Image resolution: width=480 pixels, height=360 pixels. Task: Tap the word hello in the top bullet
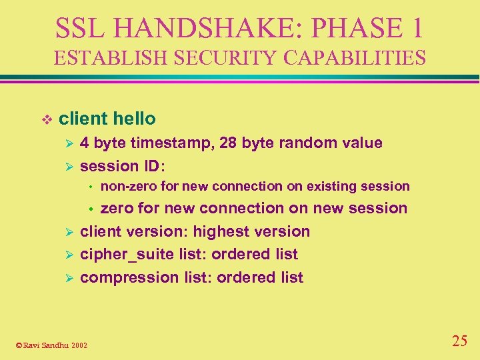134,119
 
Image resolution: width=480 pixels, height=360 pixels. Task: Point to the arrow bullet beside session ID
65,166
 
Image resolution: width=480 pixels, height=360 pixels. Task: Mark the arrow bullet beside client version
65,232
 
